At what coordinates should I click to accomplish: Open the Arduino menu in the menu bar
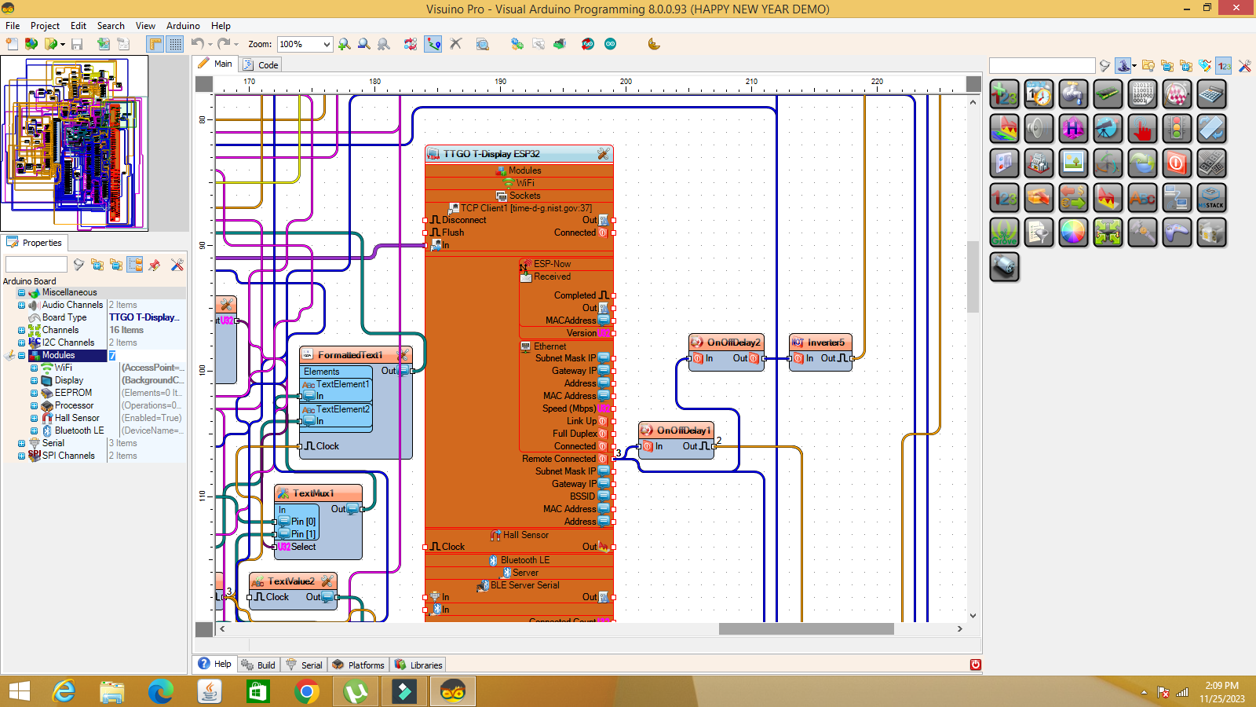(183, 26)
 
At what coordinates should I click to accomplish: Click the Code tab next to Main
(268, 65)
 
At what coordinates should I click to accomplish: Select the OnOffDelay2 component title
(733, 343)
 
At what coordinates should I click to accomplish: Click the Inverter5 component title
(825, 343)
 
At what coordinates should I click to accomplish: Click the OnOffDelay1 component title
(683, 430)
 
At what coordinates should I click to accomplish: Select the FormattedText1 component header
(350, 355)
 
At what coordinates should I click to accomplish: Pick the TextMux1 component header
(313, 493)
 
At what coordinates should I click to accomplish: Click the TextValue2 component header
(290, 581)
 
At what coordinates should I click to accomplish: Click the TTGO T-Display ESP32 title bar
(491, 154)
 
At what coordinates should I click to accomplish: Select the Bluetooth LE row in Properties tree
(79, 430)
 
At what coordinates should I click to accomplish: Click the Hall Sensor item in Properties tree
(77, 418)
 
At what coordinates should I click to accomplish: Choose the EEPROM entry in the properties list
(73, 393)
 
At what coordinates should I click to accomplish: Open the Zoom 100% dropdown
(327, 45)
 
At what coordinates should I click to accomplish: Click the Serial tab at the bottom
(311, 665)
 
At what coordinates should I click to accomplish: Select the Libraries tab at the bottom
(425, 665)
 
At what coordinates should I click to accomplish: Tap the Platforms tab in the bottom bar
(366, 665)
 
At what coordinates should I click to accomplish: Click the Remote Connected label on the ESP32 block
(558, 459)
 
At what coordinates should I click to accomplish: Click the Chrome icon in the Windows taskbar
(307, 691)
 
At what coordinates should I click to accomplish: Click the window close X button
(1237, 8)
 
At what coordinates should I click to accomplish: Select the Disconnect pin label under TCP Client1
(464, 220)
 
